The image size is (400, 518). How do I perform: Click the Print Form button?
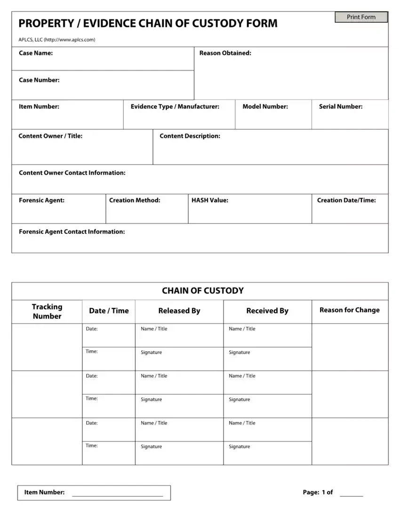[361, 17]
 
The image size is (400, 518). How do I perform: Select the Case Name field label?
[36, 53]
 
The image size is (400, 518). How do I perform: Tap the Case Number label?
[39, 80]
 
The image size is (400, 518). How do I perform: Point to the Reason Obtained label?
[225, 53]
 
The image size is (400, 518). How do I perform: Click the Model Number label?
[265, 107]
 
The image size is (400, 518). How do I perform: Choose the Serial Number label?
[341, 107]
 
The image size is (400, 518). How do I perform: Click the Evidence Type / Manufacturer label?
[175, 107]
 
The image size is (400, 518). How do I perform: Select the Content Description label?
[190, 136]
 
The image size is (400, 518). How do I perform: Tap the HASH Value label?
[209, 201]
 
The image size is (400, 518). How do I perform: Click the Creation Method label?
[135, 201]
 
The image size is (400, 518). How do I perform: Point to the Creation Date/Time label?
[346, 201]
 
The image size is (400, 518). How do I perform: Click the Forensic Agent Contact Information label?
[72, 232]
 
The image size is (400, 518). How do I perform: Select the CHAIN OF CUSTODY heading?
[203, 291]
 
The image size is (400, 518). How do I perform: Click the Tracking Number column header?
[47, 312]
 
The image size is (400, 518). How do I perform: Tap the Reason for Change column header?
[349, 310]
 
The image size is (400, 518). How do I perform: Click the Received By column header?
[267, 311]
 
